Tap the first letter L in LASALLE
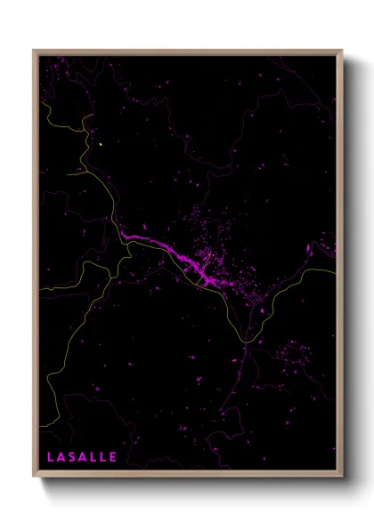51,457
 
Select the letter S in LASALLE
72,457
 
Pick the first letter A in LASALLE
61,457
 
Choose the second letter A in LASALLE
83,457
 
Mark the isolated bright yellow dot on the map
102,144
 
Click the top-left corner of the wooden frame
35,51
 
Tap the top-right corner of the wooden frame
342,51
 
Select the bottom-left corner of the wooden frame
35,479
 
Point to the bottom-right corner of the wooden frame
342,479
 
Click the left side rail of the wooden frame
36,267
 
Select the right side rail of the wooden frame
340,267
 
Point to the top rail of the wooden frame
187,52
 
